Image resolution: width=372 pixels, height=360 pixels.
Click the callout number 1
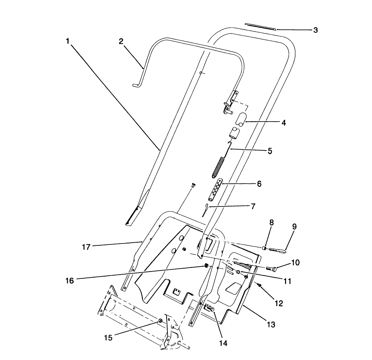click(67, 42)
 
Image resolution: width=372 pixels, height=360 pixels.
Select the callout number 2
click(121, 42)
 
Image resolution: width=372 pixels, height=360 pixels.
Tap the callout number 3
click(315, 30)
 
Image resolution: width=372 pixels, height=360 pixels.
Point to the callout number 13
click(271, 324)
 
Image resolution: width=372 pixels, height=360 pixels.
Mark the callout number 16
click(70, 280)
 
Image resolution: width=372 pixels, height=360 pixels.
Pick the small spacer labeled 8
click(264, 248)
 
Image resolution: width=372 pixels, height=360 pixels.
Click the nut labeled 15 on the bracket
click(160, 321)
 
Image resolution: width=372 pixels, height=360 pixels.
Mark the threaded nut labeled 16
click(206, 267)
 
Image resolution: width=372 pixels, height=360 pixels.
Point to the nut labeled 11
click(238, 272)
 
